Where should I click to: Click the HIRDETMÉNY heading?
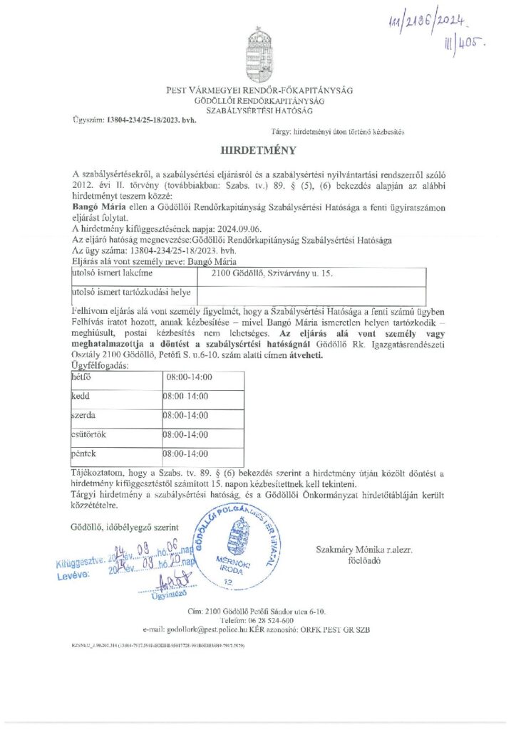(x=256, y=152)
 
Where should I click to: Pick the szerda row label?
(x=85, y=415)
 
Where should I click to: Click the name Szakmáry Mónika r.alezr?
(x=363, y=550)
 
